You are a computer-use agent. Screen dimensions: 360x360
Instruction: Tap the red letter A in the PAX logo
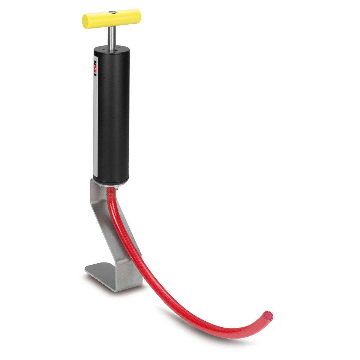click(x=96, y=68)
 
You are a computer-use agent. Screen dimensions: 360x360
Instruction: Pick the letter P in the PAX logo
click(x=96, y=74)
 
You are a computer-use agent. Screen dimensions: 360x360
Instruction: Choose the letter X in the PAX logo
click(x=96, y=62)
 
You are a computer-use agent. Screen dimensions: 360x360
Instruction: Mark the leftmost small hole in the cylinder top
click(x=101, y=49)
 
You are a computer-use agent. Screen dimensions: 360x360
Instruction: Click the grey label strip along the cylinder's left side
click(x=95, y=126)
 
